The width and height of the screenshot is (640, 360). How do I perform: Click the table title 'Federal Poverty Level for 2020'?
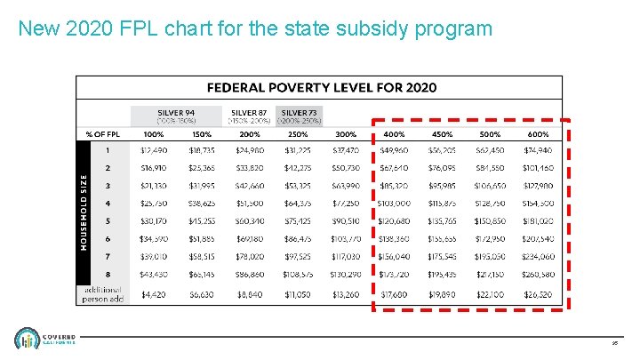tap(321, 87)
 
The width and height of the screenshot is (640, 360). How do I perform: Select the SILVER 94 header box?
tap(176, 116)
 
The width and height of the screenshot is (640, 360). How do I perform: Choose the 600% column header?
tap(538, 134)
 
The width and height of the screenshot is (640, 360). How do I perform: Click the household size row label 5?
tap(108, 221)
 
